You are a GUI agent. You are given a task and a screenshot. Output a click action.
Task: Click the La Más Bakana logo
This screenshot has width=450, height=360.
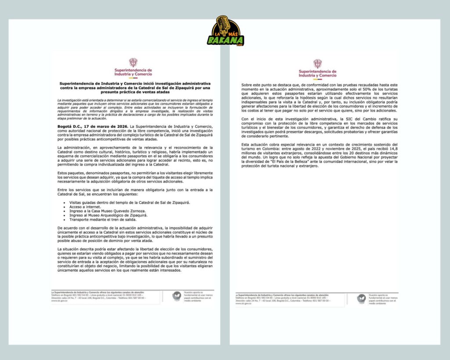point(225,32)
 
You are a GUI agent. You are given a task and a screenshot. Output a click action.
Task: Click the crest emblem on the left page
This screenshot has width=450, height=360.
point(133,62)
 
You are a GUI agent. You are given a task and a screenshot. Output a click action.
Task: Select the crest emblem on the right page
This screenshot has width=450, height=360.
point(317,64)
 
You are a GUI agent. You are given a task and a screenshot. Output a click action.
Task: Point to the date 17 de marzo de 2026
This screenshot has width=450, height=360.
point(100,127)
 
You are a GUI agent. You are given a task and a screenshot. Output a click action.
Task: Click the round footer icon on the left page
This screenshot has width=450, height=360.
point(176,296)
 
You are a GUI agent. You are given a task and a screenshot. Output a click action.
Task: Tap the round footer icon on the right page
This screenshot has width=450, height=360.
point(361,298)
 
